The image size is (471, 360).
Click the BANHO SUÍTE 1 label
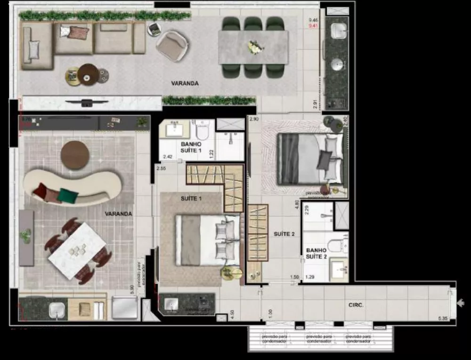pos(191,147)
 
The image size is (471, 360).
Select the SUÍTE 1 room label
pos(191,199)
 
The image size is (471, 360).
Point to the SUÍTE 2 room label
pos(284,234)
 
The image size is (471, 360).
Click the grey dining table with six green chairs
pos(253,47)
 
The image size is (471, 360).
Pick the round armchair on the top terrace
pos(172,45)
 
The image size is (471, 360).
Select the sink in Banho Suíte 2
pos(338,269)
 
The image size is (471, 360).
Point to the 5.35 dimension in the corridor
pos(442,319)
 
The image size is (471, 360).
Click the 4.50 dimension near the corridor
pos(232,313)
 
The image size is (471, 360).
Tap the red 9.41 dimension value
pos(313,26)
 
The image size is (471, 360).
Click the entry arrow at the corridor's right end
pos(461,303)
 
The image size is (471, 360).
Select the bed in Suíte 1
pos(207,240)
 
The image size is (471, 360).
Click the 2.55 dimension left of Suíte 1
pos(161,168)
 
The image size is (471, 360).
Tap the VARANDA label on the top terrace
pos(185,83)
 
